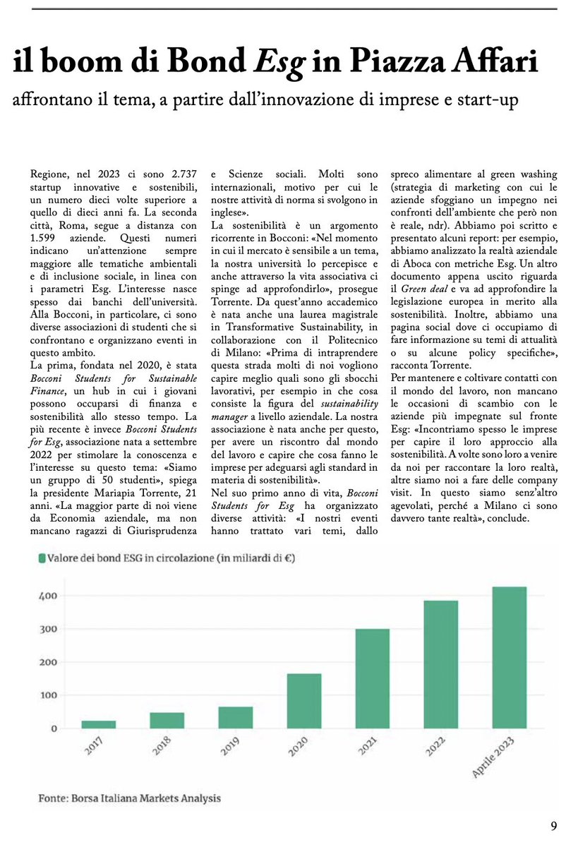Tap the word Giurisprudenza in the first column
tap(163, 519)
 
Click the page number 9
tap(555, 825)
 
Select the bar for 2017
tap(99, 724)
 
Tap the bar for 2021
tap(373, 678)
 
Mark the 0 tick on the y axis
tap(54, 728)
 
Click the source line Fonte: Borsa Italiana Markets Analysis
tap(129, 798)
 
